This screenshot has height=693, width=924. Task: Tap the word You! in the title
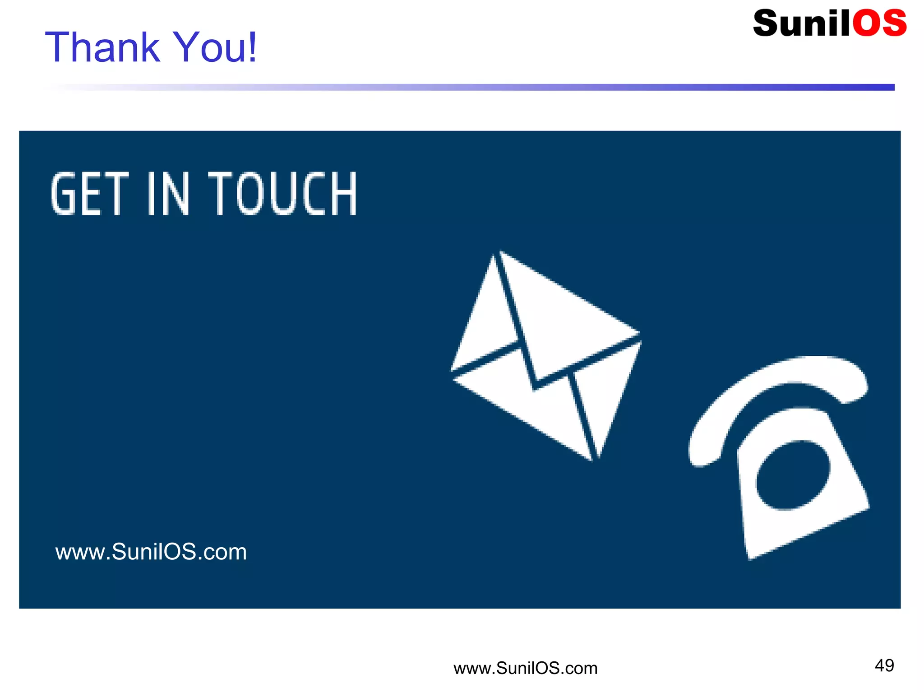[215, 47]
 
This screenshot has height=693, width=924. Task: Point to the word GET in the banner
[90, 194]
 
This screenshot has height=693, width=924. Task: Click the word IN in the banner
[168, 194]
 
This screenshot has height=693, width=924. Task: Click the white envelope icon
[546, 357]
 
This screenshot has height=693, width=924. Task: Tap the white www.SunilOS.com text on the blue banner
[151, 552]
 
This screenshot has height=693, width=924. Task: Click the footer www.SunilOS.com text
[525, 668]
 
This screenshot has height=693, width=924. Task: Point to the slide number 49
[884, 665]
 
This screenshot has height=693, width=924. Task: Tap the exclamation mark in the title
[252, 47]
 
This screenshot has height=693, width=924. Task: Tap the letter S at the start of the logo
[767, 23]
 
